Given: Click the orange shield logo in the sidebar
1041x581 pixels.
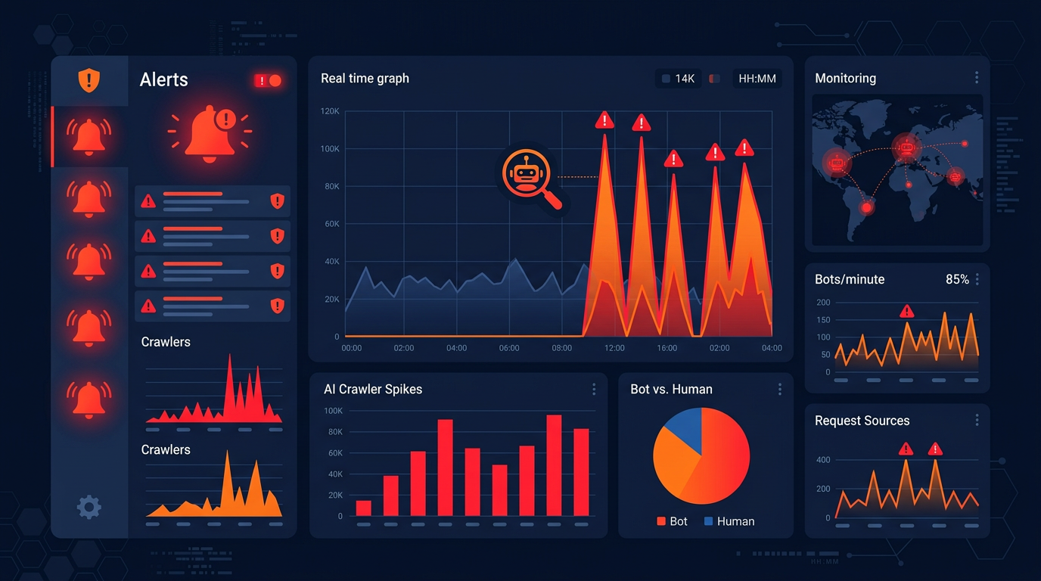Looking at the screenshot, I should (x=89, y=79).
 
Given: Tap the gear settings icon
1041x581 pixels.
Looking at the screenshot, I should (x=89, y=507).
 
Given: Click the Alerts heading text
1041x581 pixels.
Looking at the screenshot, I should (x=164, y=79).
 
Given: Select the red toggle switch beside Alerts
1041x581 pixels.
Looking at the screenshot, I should (x=268, y=80).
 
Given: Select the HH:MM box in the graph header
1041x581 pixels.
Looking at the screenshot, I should (x=757, y=79).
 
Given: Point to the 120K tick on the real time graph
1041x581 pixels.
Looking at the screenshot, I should (x=330, y=111).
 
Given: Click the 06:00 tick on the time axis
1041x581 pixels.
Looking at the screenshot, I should (x=509, y=348).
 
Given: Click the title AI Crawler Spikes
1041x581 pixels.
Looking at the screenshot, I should (x=373, y=389).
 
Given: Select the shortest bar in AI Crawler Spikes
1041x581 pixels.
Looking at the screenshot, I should (x=364, y=508).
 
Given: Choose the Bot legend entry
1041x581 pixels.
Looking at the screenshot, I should (x=673, y=521).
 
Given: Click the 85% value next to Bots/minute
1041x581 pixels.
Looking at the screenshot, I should (x=957, y=279).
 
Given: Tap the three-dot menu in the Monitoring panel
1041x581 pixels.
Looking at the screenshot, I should (x=977, y=78).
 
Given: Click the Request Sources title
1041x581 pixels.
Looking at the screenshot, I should (x=862, y=421).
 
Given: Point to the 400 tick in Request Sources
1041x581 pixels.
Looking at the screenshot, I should (x=823, y=460).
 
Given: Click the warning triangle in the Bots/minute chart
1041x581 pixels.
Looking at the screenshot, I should (x=907, y=311).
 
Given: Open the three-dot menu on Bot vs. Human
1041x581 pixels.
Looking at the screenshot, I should (x=779, y=389).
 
